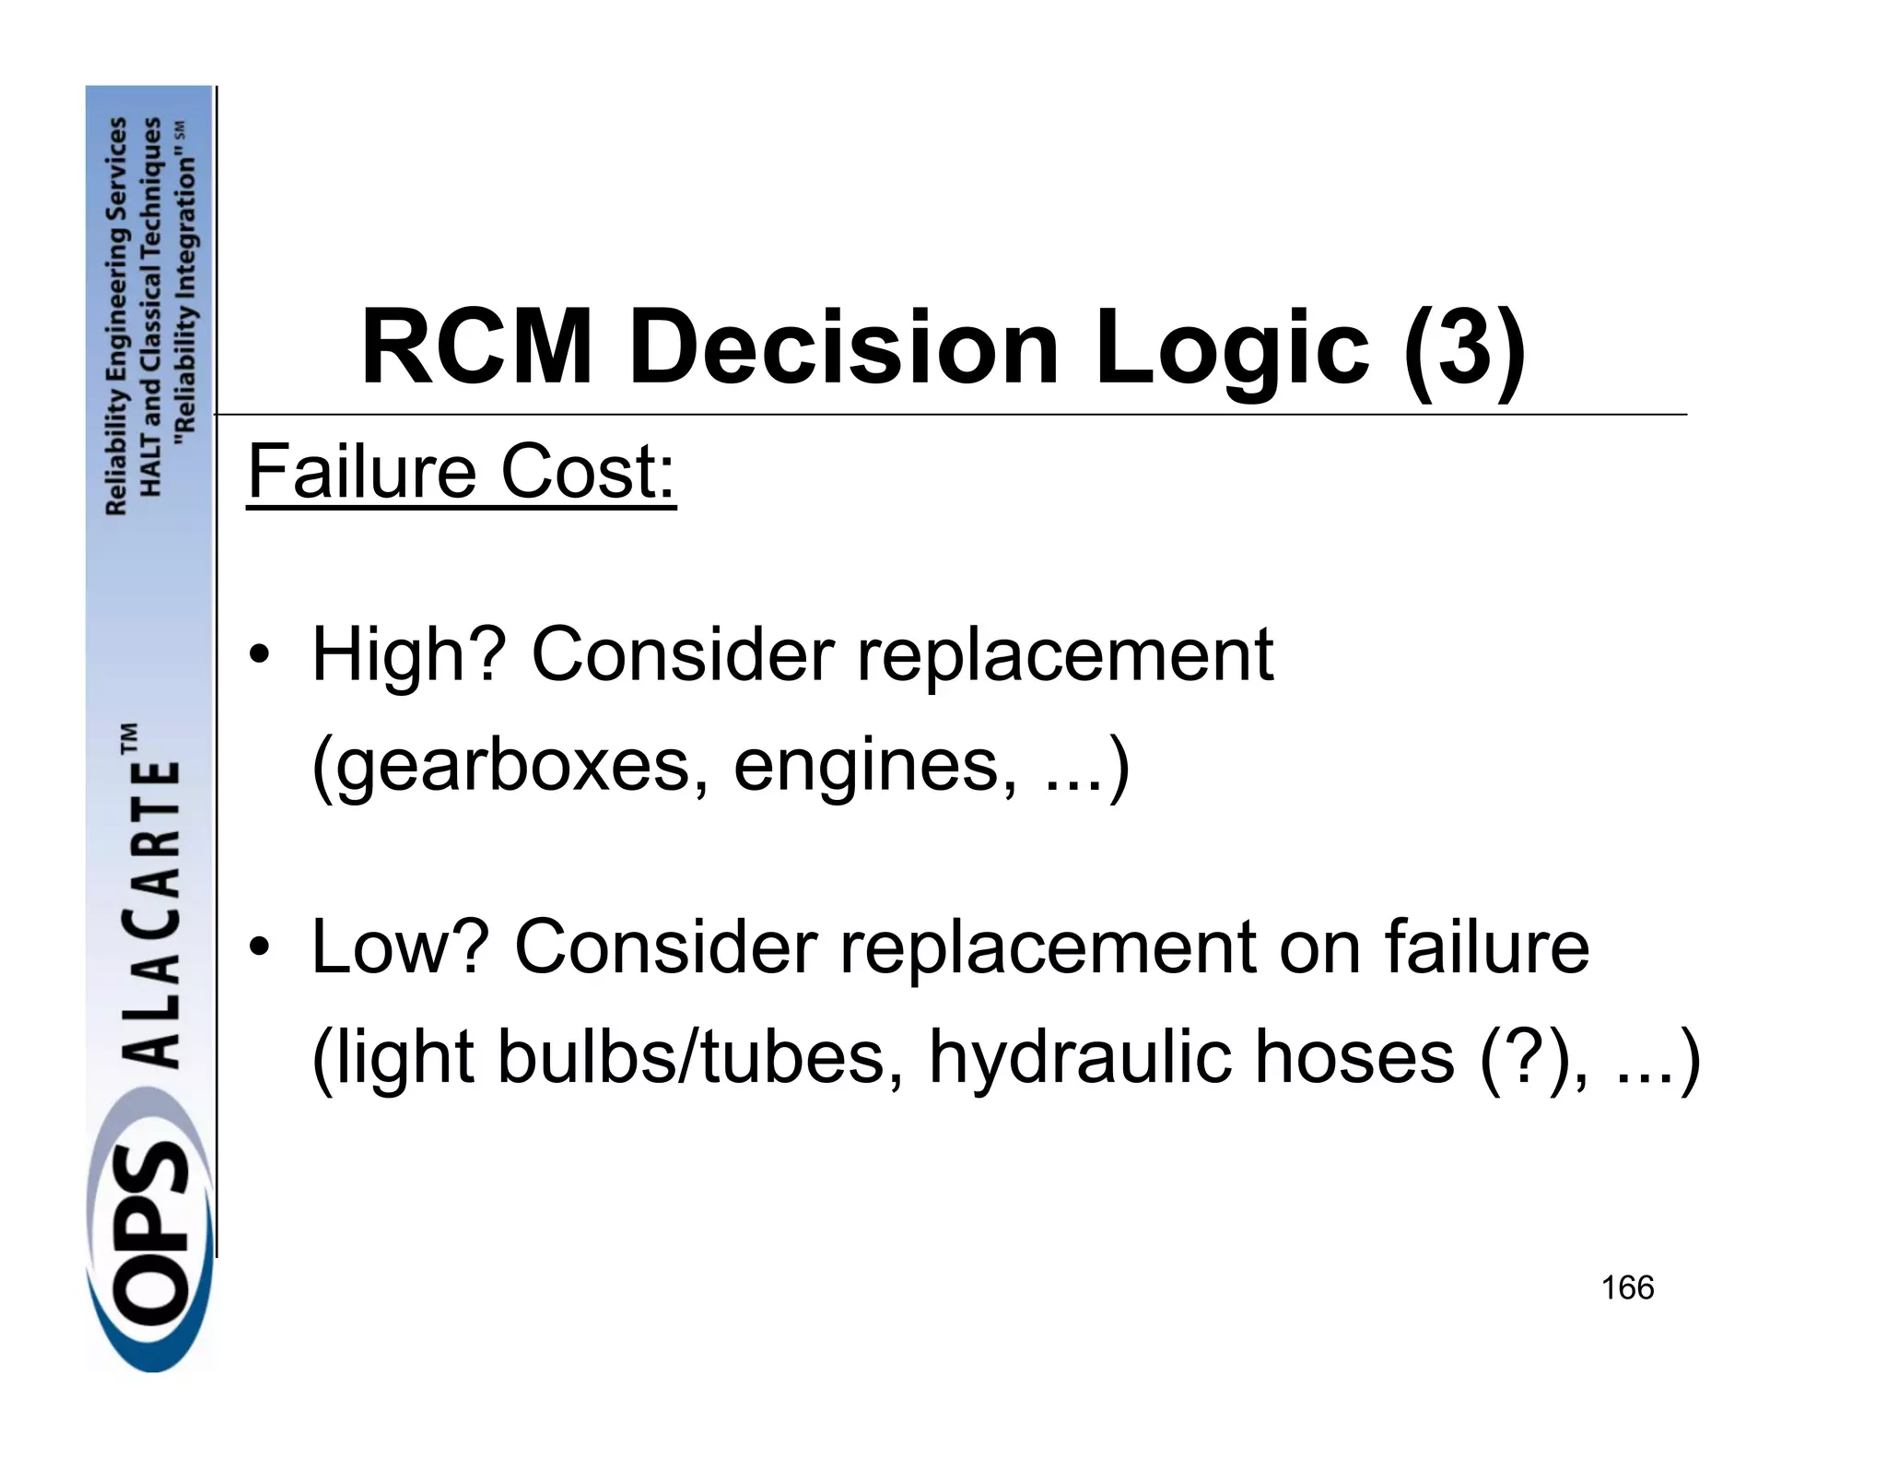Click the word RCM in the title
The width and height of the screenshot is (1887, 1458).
coord(476,348)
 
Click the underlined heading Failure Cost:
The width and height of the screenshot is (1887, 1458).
coord(462,472)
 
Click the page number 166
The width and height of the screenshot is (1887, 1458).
coord(1627,1288)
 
